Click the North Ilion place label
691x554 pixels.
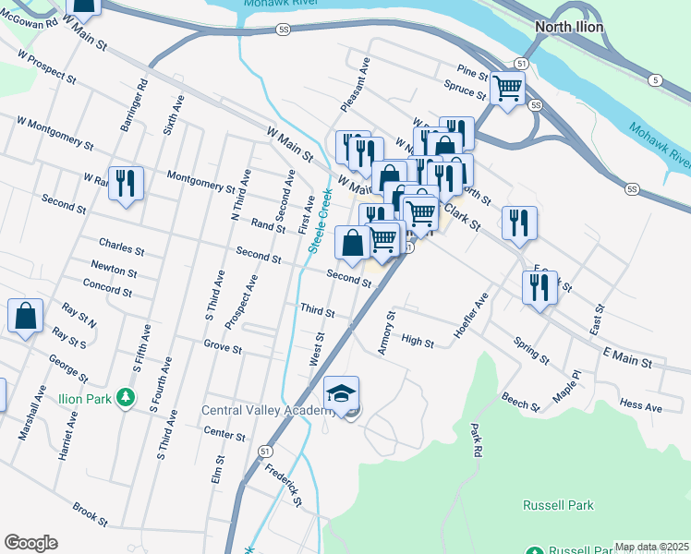569,27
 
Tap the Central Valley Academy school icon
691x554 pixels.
342,393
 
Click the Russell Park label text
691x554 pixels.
558,505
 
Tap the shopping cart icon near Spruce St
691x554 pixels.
507,89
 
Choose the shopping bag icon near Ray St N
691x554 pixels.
26,316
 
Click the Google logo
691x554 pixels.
30,543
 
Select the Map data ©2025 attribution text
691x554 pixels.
651,547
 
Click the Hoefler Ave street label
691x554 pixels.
470,317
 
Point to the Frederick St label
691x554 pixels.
284,485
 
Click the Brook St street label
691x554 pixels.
91,510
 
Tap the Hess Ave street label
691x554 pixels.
641,406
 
